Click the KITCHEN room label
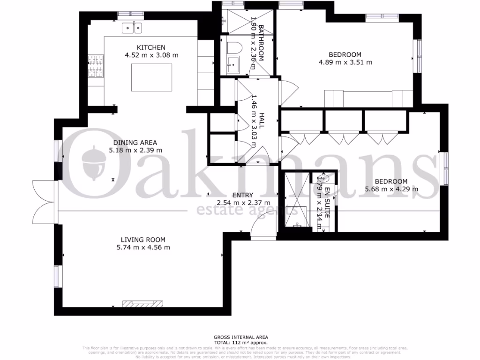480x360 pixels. pyautogui.click(x=151, y=47)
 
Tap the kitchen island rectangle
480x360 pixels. pyautogui.click(x=151, y=77)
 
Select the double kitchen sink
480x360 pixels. pyautogui.click(x=132, y=28)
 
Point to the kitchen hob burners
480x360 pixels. pyautogui.click(x=96, y=66)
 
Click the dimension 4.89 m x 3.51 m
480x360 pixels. pyautogui.click(x=345, y=62)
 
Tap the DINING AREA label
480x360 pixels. pyautogui.click(x=135, y=142)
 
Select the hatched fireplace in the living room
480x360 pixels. pyautogui.click(x=143, y=304)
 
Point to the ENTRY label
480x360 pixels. pyautogui.click(x=242, y=195)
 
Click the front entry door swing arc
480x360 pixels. pyautogui.click(x=262, y=224)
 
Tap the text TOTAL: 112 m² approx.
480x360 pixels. pyautogui.click(x=240, y=343)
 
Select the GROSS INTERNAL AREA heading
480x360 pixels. pyautogui.click(x=240, y=337)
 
